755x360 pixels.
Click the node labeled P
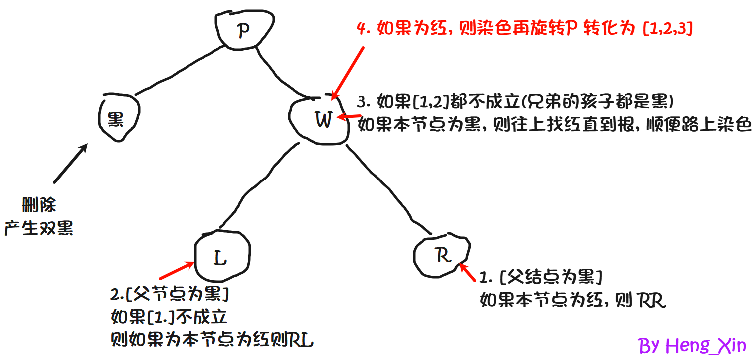click(x=244, y=30)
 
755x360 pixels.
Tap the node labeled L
click(x=221, y=257)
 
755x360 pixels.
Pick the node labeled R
click(x=442, y=255)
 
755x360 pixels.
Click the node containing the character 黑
click(x=118, y=119)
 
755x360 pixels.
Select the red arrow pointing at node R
click(x=468, y=273)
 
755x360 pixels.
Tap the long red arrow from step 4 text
click(x=348, y=73)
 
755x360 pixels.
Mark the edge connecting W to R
click(x=389, y=189)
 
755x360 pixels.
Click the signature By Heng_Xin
click(x=692, y=345)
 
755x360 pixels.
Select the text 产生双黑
click(x=39, y=228)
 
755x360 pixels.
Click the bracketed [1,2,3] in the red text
click(x=667, y=29)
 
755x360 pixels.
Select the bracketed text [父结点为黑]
click(x=551, y=276)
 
